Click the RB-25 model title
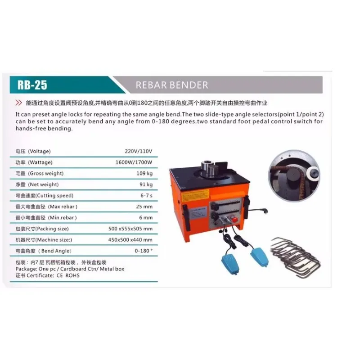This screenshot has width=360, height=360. click(x=32, y=85)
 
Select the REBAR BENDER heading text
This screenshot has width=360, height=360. click(x=172, y=85)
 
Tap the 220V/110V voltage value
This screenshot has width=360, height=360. click(x=139, y=151)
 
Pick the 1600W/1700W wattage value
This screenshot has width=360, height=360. click(x=134, y=162)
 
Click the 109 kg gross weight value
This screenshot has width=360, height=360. click(x=144, y=173)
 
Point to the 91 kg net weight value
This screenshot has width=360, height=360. click(x=146, y=184)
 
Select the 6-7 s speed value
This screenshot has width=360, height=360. click(x=147, y=195)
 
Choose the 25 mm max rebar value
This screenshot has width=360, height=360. click(x=144, y=207)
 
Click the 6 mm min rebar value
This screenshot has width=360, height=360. click(x=146, y=218)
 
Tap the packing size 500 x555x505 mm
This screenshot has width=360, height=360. click(x=130, y=229)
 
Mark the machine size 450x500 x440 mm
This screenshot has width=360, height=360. click(x=130, y=240)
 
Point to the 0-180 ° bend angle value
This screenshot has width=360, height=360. click(x=144, y=251)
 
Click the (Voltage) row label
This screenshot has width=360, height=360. click(x=39, y=151)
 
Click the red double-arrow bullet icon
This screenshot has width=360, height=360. click(x=18, y=103)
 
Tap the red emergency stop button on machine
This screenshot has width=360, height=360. click(x=234, y=220)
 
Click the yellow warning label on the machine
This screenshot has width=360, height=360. click(x=195, y=196)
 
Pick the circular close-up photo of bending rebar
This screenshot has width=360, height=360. click(x=294, y=175)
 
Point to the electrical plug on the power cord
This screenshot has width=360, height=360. click(x=264, y=211)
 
